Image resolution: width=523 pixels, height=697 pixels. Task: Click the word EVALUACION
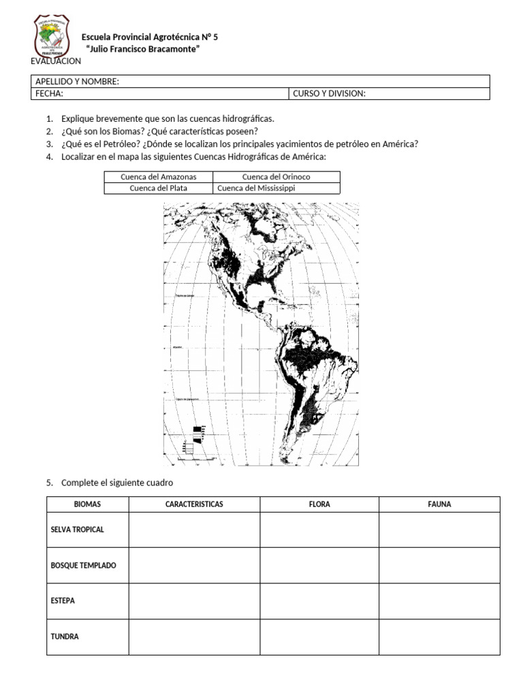tap(56, 61)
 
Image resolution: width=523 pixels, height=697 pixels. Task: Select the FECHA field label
tap(49, 94)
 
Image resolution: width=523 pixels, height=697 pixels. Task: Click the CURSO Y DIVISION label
tap(329, 94)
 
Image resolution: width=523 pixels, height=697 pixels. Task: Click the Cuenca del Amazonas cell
tap(158, 177)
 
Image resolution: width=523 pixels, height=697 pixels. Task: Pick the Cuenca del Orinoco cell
tap(276, 177)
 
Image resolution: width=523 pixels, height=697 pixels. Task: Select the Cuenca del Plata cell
tap(158, 189)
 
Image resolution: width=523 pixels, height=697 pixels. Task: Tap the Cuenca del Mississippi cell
tap(256, 189)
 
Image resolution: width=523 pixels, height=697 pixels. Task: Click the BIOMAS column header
tap(87, 504)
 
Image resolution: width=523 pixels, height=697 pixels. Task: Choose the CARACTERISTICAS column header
tap(194, 504)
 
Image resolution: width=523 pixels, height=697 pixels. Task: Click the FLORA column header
tap(319, 504)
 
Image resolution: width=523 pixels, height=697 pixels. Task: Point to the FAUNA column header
tap(439, 504)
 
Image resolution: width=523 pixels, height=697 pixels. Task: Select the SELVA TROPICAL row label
tap(78, 530)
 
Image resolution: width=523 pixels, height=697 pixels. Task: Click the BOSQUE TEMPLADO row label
tap(83, 566)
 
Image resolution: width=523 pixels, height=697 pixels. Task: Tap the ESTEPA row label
tap(63, 601)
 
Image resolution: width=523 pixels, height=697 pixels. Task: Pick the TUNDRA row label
tap(65, 637)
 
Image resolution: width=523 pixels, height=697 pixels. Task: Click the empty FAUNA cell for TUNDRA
tap(439, 637)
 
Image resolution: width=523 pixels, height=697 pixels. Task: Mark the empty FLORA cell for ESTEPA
tap(319, 601)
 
